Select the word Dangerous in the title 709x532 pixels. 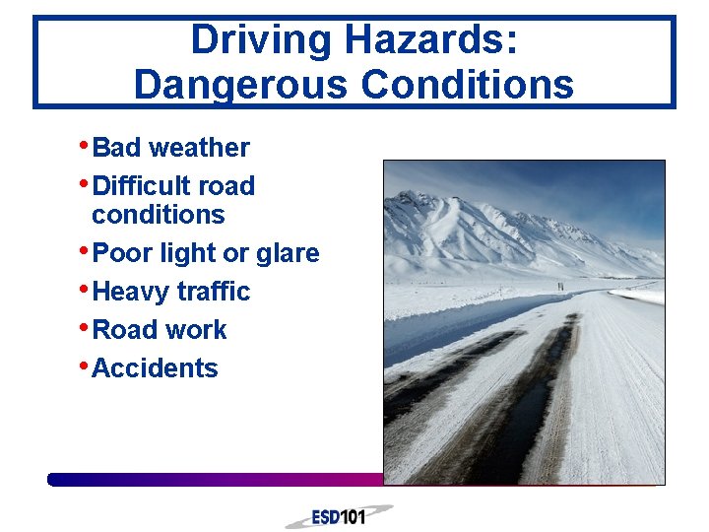[240, 84]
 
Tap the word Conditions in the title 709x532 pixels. [467, 84]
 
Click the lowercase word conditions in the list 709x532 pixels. [158, 215]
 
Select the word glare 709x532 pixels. [288, 253]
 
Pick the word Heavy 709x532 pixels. [130, 292]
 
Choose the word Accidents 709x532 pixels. [155, 368]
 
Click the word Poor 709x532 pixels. [123, 253]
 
